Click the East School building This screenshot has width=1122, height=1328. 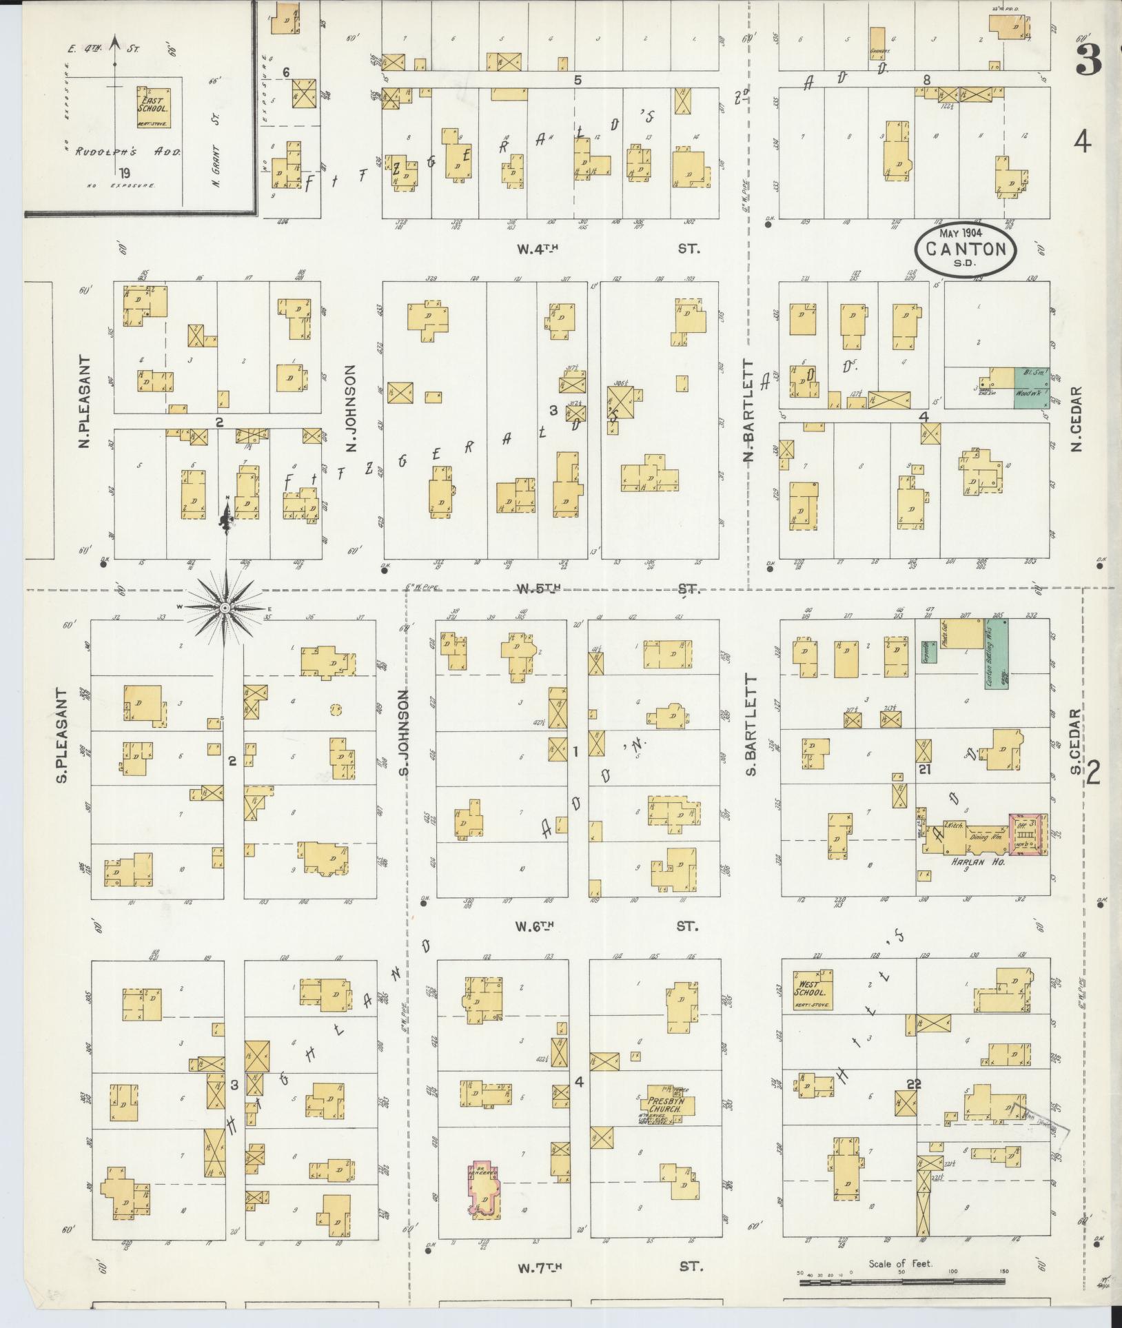coord(153,107)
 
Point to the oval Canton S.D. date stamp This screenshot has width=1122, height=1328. coord(966,249)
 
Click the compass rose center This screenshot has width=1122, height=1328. coord(225,608)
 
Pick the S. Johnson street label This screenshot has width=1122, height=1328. coord(405,733)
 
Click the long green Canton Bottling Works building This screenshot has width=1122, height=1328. coord(997,653)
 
